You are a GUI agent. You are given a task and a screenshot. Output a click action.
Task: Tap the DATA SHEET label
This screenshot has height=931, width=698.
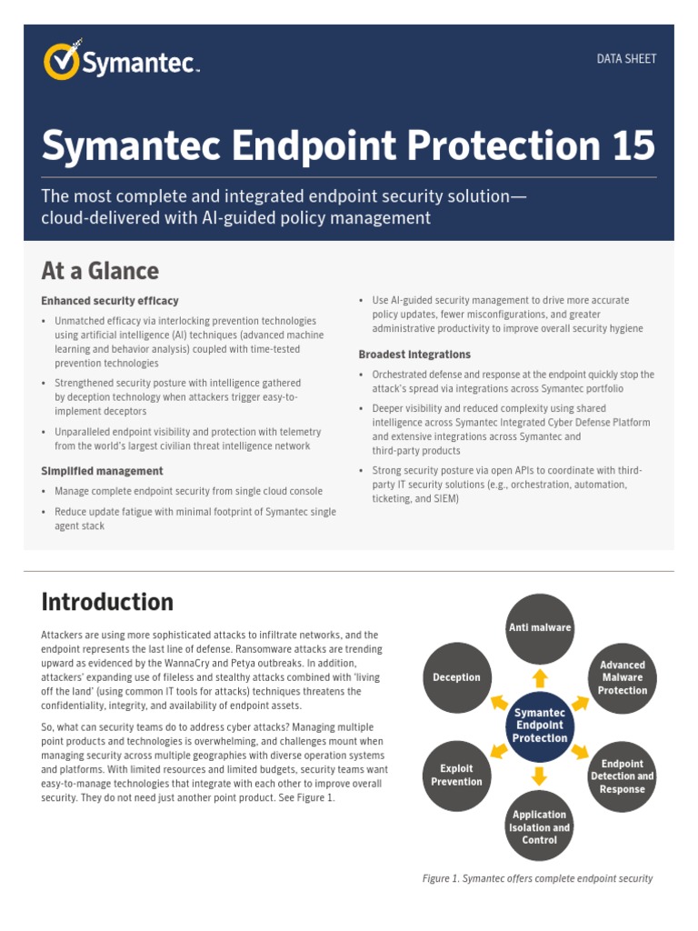tap(626, 59)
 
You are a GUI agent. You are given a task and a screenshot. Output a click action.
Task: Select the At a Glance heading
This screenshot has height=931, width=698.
tap(100, 271)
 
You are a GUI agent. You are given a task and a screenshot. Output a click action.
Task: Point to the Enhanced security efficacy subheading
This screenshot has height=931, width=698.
tap(110, 301)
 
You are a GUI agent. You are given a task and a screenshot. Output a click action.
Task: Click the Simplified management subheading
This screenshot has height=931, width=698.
tap(102, 471)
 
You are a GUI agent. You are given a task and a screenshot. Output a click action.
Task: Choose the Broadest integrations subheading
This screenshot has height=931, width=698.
tap(414, 355)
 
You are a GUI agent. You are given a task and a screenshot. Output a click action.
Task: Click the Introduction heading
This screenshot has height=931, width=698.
tap(107, 602)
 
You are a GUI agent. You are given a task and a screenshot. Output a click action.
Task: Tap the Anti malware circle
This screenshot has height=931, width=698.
tap(540, 628)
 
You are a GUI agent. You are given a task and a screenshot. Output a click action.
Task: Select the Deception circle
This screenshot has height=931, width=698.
tap(457, 677)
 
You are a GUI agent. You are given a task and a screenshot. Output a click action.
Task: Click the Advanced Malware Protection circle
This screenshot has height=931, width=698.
tap(623, 677)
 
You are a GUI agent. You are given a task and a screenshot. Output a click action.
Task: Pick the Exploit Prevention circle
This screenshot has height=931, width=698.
tap(457, 775)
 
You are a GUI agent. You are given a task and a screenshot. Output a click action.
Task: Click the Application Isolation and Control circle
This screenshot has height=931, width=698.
tap(540, 826)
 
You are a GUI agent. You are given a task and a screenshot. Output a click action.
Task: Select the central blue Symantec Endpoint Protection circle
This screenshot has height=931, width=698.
tap(540, 726)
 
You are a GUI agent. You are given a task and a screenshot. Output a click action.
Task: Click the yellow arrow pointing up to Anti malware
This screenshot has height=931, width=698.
tap(540, 677)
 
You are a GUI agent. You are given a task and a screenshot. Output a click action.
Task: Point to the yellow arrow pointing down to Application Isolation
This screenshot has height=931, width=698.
tap(540, 776)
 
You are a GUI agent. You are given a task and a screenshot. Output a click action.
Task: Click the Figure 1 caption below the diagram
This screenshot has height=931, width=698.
tap(538, 878)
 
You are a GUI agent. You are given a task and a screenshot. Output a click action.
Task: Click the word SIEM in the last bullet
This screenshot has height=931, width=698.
tap(446, 499)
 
